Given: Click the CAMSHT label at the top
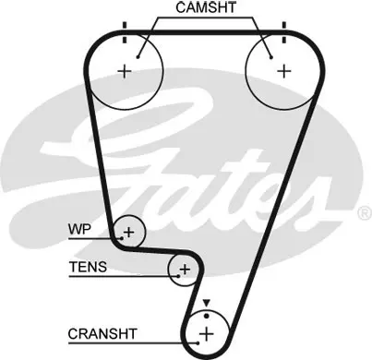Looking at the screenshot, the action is click(206, 7).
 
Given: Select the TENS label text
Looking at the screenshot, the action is click(88, 267).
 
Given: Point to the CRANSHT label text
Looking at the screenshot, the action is click(102, 334).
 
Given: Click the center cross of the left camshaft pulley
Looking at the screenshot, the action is click(125, 71).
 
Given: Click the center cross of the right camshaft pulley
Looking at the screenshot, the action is click(284, 71).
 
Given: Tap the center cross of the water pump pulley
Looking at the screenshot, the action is click(129, 232).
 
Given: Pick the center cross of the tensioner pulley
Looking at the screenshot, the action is click(185, 270).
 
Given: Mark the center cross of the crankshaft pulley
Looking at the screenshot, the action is click(207, 333).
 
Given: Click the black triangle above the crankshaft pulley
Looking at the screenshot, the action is click(206, 303).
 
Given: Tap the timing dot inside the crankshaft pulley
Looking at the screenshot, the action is click(207, 316).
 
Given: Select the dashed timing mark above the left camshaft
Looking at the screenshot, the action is click(125, 32).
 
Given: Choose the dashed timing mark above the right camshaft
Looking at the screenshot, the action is click(284, 32).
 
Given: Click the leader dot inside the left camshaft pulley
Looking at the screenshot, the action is click(138, 57).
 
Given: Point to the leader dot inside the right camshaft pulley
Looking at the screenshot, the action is click(271, 57).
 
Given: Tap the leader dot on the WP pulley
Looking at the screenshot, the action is click(122, 238).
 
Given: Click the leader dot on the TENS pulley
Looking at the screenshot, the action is click(178, 276).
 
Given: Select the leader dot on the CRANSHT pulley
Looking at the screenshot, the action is click(198, 342).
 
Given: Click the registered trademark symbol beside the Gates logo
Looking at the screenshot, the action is click(365, 213).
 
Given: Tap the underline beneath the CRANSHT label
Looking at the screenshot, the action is click(133, 342).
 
